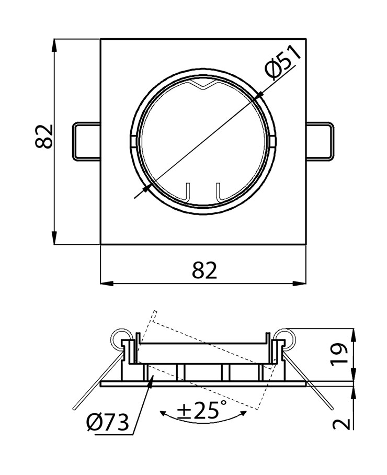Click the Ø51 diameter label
click(x=283, y=62)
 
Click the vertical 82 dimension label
click(x=46, y=137)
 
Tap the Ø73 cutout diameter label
click(x=108, y=422)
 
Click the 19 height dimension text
click(x=340, y=354)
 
